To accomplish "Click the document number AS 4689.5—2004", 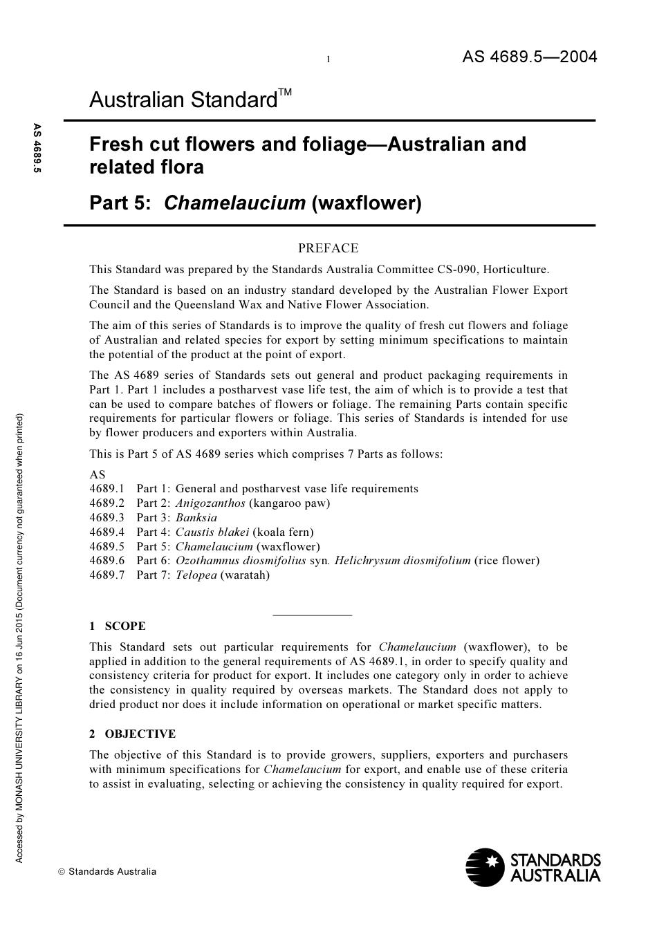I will click(x=529, y=57).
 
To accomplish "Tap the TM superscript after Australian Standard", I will click(x=285, y=93).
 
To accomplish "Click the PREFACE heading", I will click(x=328, y=248).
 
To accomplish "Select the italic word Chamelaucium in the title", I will click(x=235, y=203).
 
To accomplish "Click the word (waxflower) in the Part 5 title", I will click(x=367, y=203).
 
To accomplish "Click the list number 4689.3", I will click(x=107, y=518).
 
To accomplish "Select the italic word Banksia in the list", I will click(x=196, y=518).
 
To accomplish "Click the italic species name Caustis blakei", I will click(x=212, y=532).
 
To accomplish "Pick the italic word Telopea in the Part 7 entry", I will click(x=196, y=575).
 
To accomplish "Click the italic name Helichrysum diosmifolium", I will click(x=402, y=561).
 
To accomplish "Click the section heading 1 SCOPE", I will click(x=118, y=626).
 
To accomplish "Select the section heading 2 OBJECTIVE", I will click(x=133, y=734).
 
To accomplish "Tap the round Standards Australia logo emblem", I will click(x=485, y=867).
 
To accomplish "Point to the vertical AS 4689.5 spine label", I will click(x=37, y=148).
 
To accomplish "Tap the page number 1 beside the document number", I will click(x=328, y=60).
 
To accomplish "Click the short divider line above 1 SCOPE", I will click(x=313, y=615).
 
